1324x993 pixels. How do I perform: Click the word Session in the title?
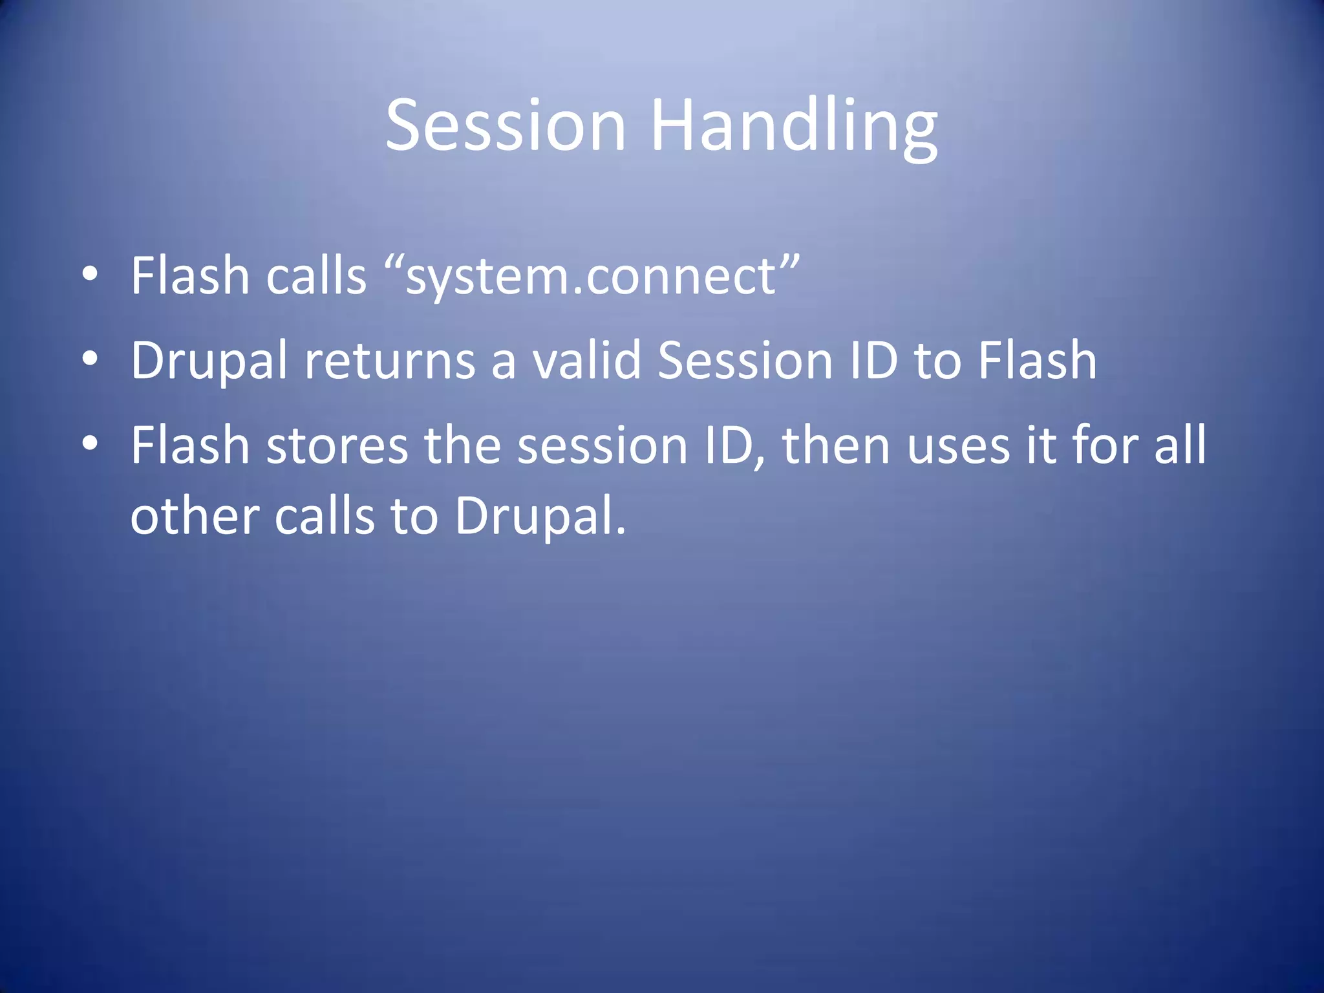506,125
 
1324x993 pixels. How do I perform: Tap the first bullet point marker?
90,273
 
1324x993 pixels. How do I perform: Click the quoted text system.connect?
591,277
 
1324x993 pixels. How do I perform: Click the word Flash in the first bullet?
190,275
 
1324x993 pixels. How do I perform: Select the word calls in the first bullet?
316,275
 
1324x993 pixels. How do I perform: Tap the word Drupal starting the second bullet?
209,361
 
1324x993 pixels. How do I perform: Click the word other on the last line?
195,517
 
